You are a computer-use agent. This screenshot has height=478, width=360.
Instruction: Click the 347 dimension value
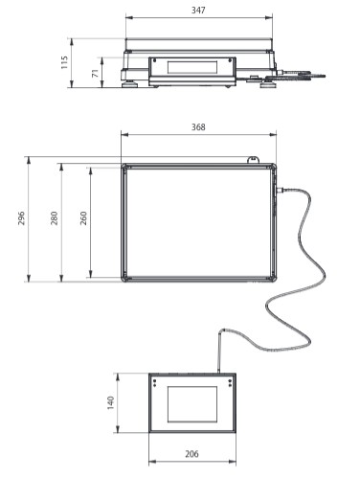click(x=198, y=11)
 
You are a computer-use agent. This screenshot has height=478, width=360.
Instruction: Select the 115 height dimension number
click(x=64, y=62)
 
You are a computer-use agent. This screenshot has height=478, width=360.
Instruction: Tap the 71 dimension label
click(x=96, y=73)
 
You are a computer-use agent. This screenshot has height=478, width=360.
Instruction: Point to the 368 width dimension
click(x=198, y=127)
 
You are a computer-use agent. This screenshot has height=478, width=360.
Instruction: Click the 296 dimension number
click(x=21, y=218)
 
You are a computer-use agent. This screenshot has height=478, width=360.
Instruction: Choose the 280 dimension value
click(x=55, y=218)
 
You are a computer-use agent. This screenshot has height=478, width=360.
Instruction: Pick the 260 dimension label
click(x=83, y=218)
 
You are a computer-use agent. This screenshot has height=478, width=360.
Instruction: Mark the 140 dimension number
click(x=110, y=403)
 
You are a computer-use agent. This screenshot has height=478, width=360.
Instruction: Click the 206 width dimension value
click(x=191, y=454)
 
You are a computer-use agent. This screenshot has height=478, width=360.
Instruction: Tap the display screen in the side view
click(x=192, y=67)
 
